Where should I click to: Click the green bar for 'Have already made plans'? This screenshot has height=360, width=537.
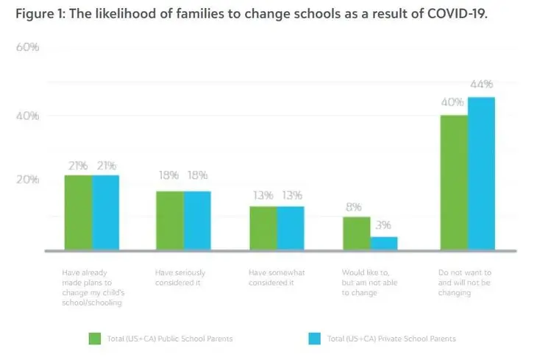[79, 213]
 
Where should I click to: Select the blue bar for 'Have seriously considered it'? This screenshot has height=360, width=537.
[197, 220]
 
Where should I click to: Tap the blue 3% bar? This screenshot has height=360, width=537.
[384, 244]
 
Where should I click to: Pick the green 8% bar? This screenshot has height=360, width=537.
[357, 233]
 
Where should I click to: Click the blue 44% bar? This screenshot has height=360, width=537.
[482, 174]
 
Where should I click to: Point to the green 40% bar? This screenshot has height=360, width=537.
[455, 183]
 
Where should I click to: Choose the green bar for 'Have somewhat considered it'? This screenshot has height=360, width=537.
[263, 228]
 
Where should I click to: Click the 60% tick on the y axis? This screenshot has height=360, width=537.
[28, 47]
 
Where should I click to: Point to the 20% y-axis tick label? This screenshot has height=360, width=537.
[28, 180]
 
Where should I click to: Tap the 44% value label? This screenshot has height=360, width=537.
[482, 84]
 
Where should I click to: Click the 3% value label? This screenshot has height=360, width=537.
[383, 225]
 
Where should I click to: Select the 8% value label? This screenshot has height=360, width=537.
[354, 207]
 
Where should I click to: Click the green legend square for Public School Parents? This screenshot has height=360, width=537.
[95, 339]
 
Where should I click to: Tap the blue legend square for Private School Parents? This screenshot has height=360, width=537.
[315, 339]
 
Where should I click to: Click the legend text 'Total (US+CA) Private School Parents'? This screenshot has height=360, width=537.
[391, 339]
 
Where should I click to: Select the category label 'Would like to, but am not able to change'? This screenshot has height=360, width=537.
[369, 283]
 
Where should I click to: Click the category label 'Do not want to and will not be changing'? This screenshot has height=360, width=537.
[465, 283]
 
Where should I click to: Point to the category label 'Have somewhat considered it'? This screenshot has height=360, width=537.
[277, 278]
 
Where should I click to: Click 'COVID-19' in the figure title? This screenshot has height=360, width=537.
[458, 14]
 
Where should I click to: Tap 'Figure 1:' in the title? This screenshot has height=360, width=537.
[40, 14]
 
